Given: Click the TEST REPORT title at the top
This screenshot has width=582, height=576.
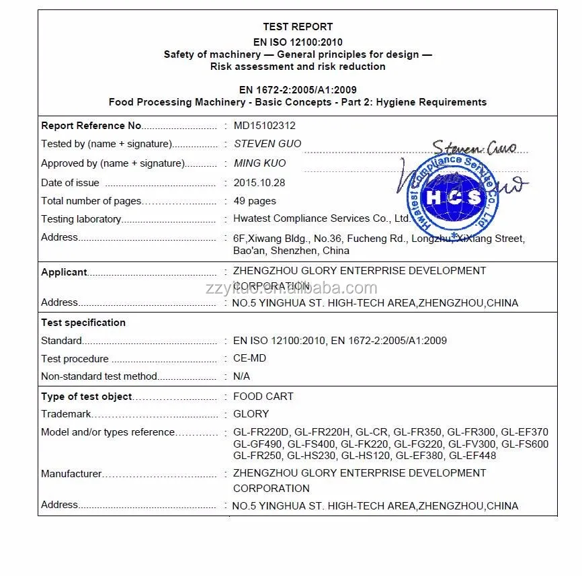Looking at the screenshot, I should (x=298, y=27).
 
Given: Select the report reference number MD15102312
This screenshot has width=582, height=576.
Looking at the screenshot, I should (x=264, y=126).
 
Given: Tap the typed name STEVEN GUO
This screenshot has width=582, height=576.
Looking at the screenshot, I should (x=267, y=144).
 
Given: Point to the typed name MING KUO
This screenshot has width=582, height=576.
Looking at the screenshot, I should (x=259, y=163).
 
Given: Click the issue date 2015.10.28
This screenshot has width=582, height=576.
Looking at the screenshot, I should (x=259, y=183).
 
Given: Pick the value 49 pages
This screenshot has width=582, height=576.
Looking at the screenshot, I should (x=255, y=201).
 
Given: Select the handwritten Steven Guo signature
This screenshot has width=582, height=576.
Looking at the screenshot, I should (x=474, y=147).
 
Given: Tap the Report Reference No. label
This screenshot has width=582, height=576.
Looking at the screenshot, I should (x=91, y=126).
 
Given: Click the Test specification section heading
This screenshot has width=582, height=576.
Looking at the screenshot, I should (x=83, y=323).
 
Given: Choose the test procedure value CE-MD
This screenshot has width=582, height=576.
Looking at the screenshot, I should (x=250, y=359).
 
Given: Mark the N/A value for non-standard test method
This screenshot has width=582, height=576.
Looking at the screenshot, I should (x=242, y=377).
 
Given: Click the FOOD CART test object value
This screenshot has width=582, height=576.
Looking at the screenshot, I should (x=263, y=397).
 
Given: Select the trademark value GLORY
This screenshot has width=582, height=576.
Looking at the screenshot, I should (x=251, y=414).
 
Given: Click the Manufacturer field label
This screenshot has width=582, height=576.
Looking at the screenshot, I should (x=71, y=474).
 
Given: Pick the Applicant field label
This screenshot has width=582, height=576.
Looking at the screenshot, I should (x=65, y=272).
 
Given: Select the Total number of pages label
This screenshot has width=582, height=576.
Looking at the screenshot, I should (x=91, y=201).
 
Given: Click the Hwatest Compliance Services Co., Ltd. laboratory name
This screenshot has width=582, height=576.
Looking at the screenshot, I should (x=321, y=218).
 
